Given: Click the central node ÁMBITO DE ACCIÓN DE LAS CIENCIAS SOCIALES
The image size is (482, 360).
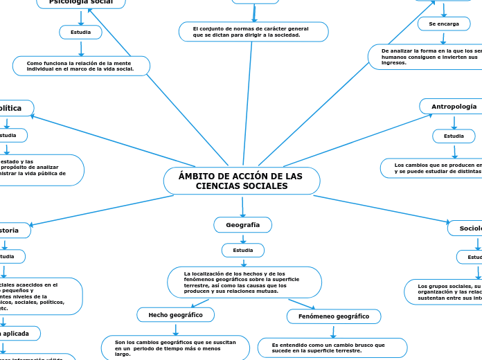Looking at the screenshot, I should click(x=242, y=181).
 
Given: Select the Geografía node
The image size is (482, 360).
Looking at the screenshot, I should click(x=242, y=225).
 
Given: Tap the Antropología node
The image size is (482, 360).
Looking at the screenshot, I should click(x=454, y=107).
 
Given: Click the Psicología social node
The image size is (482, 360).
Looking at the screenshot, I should click(x=81, y=3).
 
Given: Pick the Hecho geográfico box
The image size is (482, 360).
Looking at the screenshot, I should click(x=175, y=315).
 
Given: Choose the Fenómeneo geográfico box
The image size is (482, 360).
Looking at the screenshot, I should click(x=334, y=316).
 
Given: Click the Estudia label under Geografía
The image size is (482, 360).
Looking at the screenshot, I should click(x=242, y=250).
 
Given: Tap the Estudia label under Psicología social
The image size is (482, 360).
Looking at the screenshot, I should click(x=81, y=32).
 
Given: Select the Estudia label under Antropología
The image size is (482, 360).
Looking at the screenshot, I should click(x=454, y=136).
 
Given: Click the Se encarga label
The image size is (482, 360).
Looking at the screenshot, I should click(x=444, y=24).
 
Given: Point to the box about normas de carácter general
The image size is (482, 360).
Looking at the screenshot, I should click(x=253, y=32).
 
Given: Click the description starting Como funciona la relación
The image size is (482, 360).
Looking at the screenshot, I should click(x=81, y=66).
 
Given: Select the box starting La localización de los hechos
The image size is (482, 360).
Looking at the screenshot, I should click(x=244, y=282).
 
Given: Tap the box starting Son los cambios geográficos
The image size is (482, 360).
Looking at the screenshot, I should click(x=175, y=348).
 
